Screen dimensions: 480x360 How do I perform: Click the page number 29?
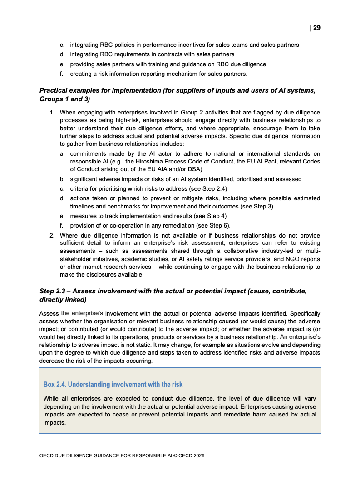tap(316, 28)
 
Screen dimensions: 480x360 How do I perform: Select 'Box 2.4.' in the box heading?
tap(55, 385)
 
